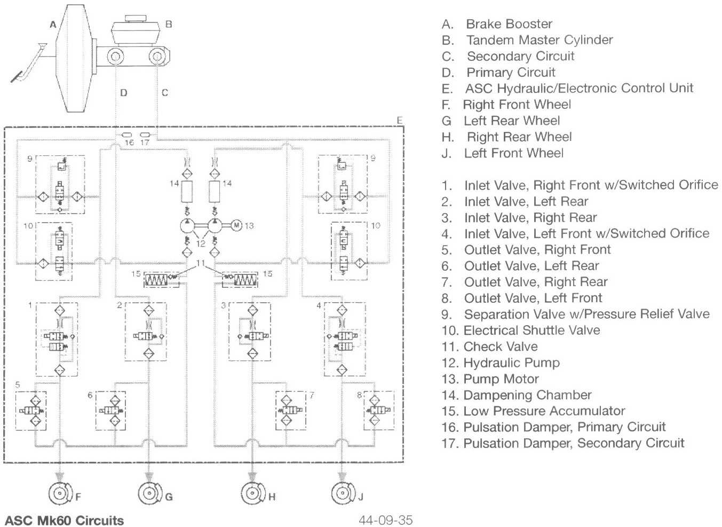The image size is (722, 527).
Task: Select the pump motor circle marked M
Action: (x=236, y=225)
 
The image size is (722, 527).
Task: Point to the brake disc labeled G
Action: (x=148, y=494)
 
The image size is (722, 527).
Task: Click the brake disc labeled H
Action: (x=251, y=494)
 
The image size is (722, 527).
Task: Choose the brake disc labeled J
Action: (x=342, y=494)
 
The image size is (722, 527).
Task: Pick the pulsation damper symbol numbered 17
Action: (x=145, y=134)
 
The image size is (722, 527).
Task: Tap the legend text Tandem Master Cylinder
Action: (x=539, y=40)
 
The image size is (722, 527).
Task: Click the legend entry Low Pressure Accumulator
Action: (x=544, y=411)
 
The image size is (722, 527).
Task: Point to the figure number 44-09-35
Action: (x=385, y=520)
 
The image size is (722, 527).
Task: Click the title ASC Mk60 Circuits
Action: (x=64, y=520)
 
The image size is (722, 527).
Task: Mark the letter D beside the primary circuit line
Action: (x=124, y=93)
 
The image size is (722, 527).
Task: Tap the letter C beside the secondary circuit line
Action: (x=165, y=93)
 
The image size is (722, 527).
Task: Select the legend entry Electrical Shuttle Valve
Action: (x=531, y=331)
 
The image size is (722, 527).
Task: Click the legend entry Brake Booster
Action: (x=509, y=24)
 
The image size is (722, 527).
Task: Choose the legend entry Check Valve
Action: (x=500, y=347)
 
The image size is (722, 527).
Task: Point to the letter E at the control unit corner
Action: (x=400, y=121)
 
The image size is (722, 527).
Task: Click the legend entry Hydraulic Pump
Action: (x=511, y=363)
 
